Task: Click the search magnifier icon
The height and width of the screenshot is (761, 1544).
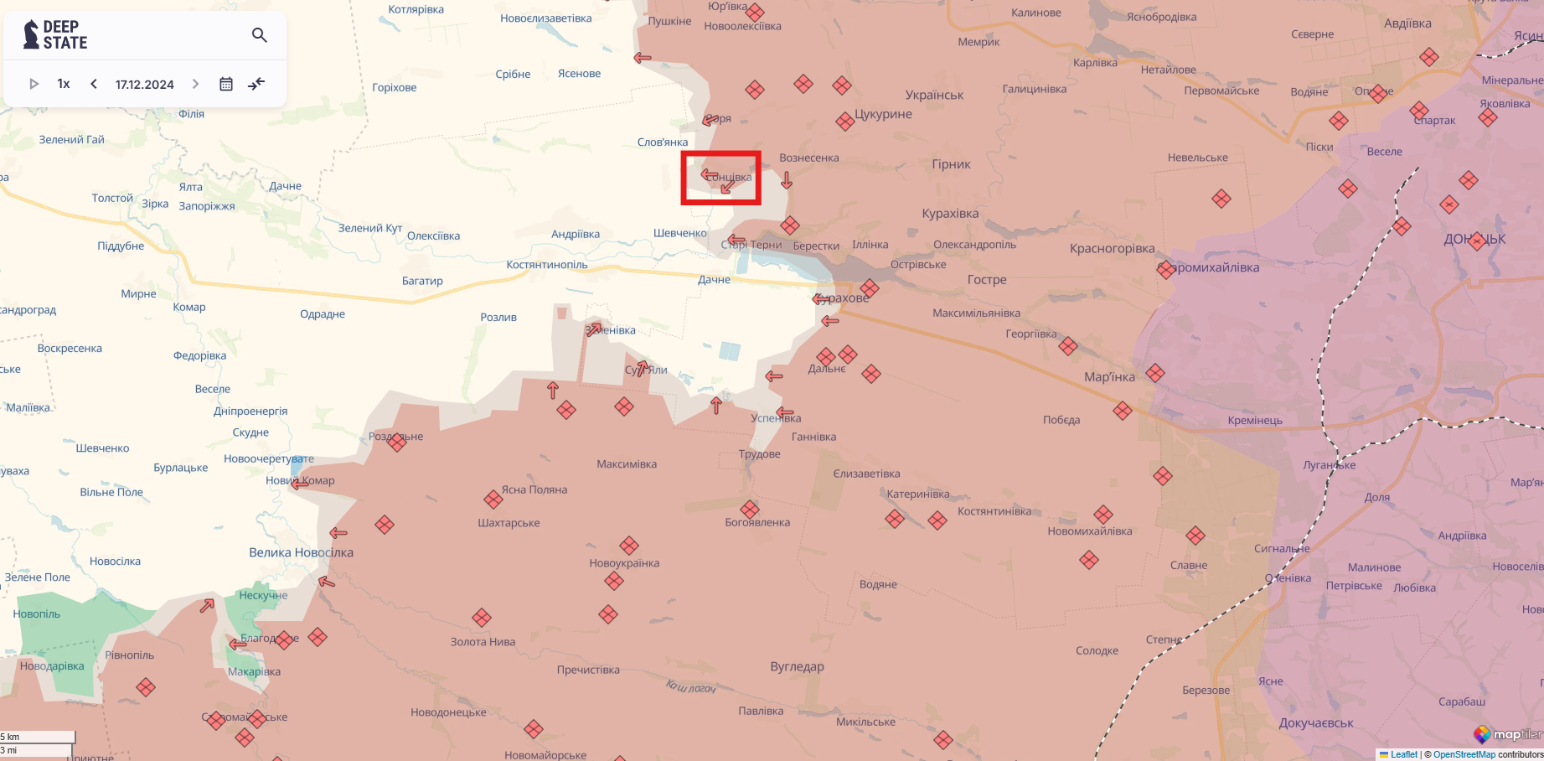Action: point(259,35)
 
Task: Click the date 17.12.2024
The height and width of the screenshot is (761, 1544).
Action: point(145,85)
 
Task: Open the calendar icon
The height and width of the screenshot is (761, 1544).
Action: point(226,84)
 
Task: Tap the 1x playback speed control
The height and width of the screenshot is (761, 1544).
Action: point(64,84)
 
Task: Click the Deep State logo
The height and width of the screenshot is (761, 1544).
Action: point(56,35)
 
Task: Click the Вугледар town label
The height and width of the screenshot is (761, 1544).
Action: point(797,666)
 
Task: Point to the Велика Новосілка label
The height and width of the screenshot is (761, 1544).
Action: point(301,552)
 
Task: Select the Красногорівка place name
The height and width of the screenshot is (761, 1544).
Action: point(1112,249)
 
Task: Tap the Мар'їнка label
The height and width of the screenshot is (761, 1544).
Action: point(1109,377)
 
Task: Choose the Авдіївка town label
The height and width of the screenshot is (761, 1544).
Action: point(1407,23)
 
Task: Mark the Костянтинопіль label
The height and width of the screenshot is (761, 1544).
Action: point(547,265)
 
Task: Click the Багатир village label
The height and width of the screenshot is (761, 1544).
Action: point(422,281)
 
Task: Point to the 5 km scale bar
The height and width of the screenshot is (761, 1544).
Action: point(38,737)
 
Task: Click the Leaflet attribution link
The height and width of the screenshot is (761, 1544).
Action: point(1403,754)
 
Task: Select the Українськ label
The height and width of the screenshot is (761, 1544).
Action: point(934,96)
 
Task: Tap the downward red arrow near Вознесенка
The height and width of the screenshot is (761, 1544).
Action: point(786,180)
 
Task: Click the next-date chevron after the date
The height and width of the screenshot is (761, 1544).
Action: point(196,84)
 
